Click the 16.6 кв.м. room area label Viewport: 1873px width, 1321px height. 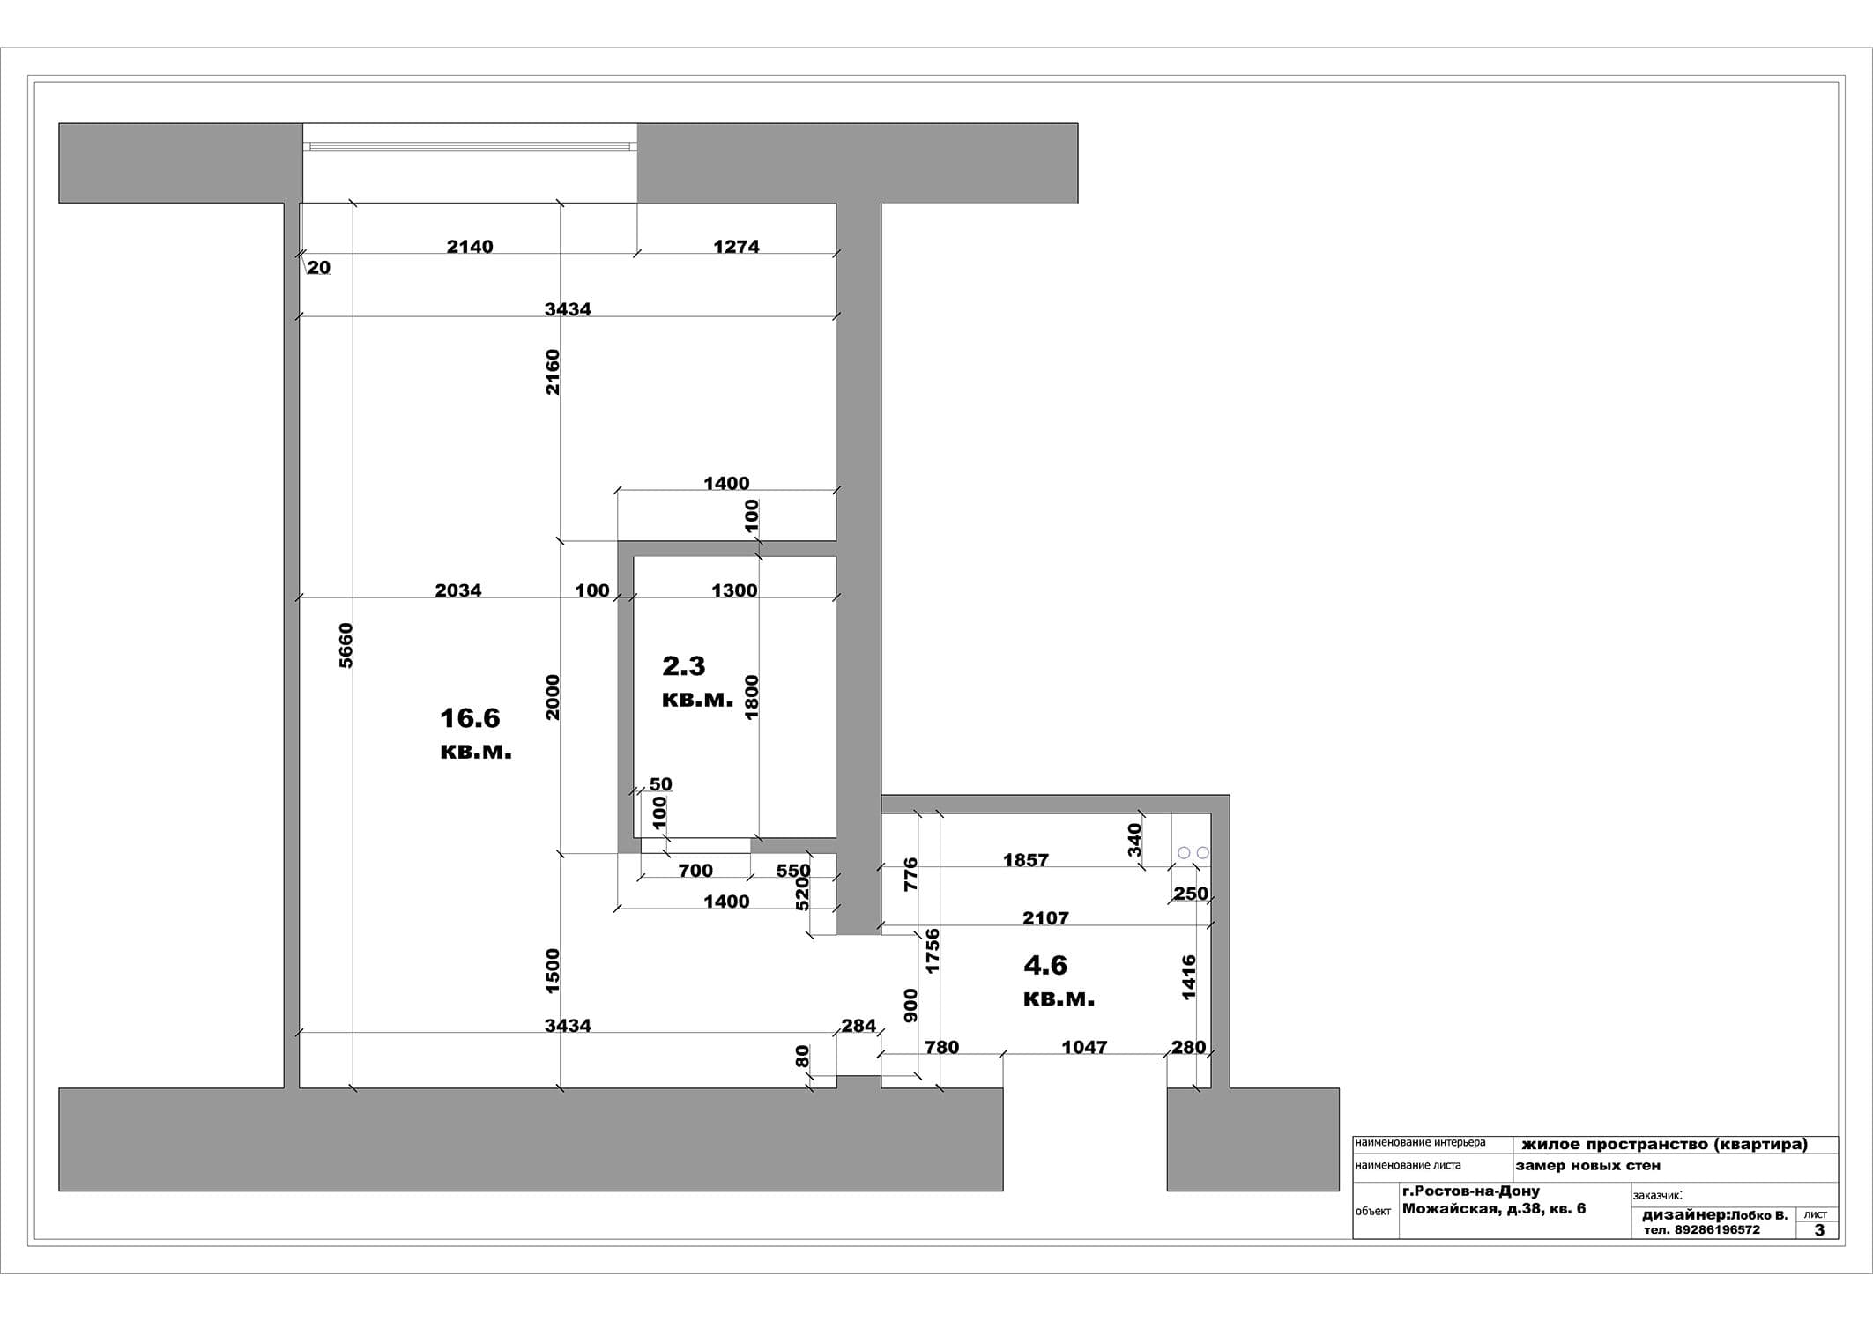[475, 734]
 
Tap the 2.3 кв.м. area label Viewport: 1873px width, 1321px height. [697, 681]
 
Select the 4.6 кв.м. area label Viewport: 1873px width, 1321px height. [1059, 981]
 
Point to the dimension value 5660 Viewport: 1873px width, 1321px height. [346, 646]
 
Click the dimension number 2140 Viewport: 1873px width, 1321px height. [470, 247]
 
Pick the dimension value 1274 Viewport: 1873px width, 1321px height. [736, 247]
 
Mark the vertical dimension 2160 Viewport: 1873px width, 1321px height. [552, 372]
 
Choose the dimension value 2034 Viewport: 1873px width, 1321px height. [458, 590]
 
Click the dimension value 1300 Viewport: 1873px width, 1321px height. [734, 590]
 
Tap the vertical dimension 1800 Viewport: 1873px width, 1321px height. [751, 697]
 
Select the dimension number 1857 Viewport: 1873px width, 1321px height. [1026, 860]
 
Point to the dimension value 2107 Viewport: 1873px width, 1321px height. [1045, 918]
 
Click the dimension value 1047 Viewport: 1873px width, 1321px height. [1084, 1047]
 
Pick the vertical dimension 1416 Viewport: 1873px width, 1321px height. [1188, 977]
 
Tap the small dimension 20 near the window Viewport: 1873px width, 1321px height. [319, 268]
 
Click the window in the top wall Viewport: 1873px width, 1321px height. [470, 145]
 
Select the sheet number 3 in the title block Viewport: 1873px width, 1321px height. [1819, 1230]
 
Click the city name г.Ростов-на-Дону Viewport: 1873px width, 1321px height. [1471, 1191]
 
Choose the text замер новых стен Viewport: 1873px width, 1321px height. [1588, 1166]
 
